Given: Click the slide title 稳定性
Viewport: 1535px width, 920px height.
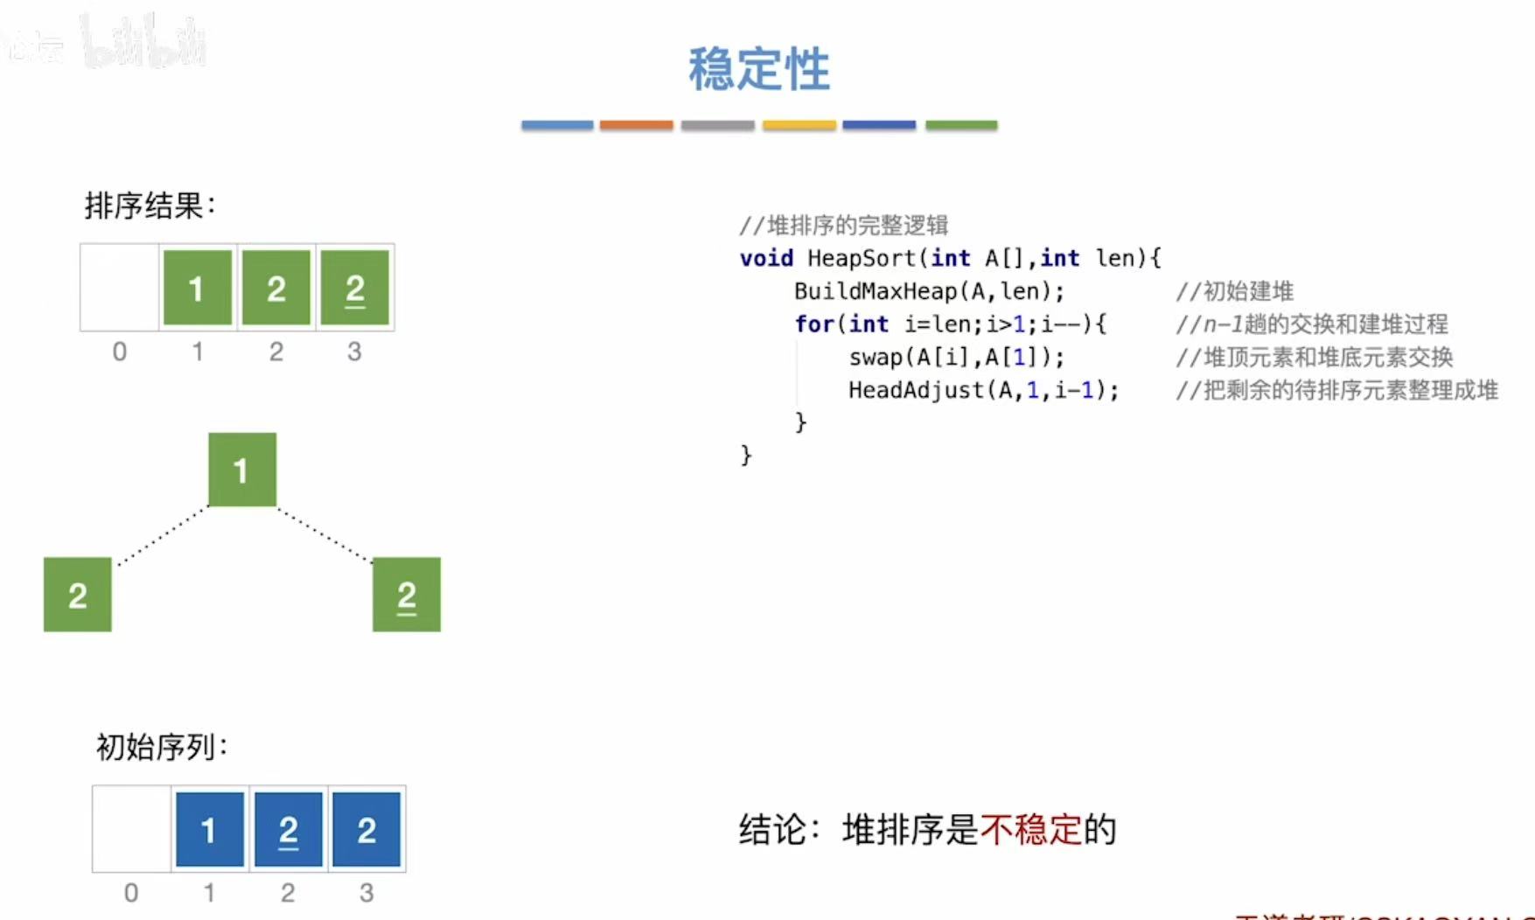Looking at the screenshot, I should coord(758,69).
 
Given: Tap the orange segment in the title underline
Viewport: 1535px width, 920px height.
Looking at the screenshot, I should coord(636,126).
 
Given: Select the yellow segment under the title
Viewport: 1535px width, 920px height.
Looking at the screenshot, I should coord(799,126).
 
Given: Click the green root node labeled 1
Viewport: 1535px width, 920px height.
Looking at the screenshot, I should coord(241,470).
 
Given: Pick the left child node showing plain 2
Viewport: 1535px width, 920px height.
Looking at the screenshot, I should coord(78,595).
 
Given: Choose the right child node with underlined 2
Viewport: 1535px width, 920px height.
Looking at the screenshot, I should coord(407,595).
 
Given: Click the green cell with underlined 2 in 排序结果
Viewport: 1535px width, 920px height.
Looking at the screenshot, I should coord(354,288).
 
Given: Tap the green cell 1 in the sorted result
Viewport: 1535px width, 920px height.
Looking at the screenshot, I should coord(197,288).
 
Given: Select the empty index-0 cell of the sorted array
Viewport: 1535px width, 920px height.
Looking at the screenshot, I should coord(120,288).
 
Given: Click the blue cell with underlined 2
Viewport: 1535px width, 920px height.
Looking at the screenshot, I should coord(289,829).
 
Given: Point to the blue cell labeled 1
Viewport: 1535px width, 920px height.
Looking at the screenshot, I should coord(209,829).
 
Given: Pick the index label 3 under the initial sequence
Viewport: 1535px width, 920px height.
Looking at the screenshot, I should coord(366,893).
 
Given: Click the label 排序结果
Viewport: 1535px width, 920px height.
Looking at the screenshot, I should coord(149,206).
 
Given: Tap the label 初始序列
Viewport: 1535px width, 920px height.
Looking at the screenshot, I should coord(161,748).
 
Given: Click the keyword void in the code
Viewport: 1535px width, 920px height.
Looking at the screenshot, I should coord(766,259).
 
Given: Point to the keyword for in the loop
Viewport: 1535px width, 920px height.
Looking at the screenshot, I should coord(813,324).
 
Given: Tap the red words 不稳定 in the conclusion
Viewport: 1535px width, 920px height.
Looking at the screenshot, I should coord(1031,829).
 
